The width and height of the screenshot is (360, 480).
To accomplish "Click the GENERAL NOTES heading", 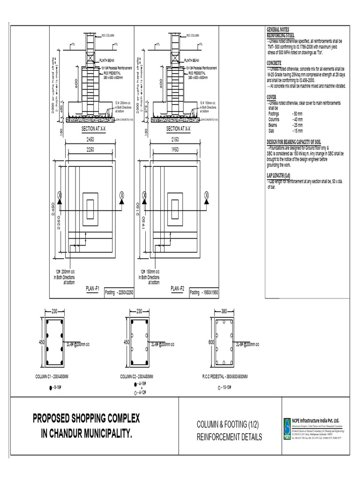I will click(279, 29).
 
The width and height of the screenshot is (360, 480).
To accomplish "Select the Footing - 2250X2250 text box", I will click(119, 292).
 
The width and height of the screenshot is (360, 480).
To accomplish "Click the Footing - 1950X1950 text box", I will click(204, 292).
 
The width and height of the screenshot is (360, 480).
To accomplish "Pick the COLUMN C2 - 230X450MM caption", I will click(137, 376).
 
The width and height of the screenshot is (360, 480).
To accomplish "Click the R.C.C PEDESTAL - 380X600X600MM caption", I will click(225, 376).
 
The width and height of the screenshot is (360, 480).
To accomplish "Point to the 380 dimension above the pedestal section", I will click(224, 311).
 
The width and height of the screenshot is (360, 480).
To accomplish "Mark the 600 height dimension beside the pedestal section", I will click(211, 342).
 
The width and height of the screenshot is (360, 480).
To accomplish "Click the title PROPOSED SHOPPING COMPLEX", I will click(86, 418).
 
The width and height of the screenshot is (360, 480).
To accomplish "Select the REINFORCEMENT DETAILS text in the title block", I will click(229, 437).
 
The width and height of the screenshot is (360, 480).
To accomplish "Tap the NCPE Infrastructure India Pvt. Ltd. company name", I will click(315, 420).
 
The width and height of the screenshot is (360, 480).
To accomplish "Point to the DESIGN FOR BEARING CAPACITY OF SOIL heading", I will click(293, 142).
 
